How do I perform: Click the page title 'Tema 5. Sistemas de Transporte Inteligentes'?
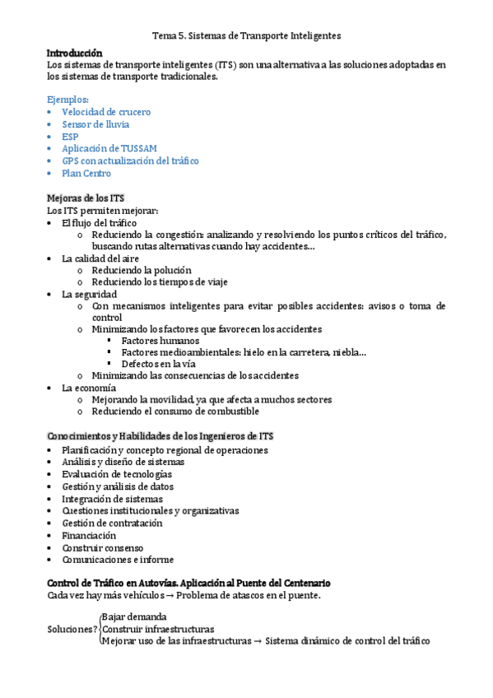[x=247, y=36]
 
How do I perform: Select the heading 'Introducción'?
[x=75, y=52]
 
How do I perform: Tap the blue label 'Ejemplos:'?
[x=68, y=100]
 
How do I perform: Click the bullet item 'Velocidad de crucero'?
[x=106, y=112]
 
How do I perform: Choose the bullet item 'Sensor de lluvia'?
[x=95, y=124]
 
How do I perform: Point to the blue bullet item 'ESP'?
[x=71, y=137]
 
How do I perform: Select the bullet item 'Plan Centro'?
[x=86, y=174]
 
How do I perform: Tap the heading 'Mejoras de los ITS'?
[x=86, y=198]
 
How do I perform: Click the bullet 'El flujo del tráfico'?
[x=99, y=223]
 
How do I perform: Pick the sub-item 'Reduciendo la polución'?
[x=142, y=270]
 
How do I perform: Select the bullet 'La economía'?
[x=89, y=388]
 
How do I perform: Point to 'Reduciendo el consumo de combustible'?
[x=175, y=412]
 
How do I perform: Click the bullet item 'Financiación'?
[x=89, y=535]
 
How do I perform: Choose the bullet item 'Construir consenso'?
[x=102, y=547]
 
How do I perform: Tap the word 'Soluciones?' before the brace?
[x=72, y=629]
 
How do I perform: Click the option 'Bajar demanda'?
[x=134, y=617]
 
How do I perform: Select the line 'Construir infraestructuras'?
[x=157, y=629]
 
